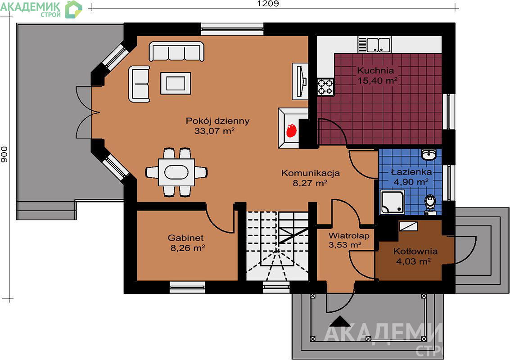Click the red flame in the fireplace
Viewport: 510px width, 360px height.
click(x=291, y=130)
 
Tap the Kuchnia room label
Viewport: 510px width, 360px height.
click(x=375, y=70)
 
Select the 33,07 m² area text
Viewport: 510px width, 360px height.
click(x=214, y=131)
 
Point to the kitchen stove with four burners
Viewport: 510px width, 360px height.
click(x=325, y=87)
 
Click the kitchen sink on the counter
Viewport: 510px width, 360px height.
click(x=374, y=45)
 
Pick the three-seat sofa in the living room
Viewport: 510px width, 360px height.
click(x=176, y=51)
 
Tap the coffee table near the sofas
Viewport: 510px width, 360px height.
click(x=176, y=83)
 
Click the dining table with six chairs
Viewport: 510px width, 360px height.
click(x=176, y=172)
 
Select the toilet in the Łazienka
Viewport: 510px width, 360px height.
click(x=431, y=205)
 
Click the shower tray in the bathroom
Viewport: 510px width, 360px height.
click(x=393, y=202)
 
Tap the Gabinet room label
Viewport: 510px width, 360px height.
click(x=186, y=238)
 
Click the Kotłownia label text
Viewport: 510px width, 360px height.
click(x=415, y=251)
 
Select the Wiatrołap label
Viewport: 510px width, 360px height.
click(x=349, y=235)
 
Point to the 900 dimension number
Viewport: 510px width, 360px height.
click(x=4, y=154)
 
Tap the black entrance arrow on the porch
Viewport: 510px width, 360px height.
click(x=340, y=321)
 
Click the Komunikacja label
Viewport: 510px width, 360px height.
click(x=311, y=173)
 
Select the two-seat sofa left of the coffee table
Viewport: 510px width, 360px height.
click(x=139, y=84)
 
